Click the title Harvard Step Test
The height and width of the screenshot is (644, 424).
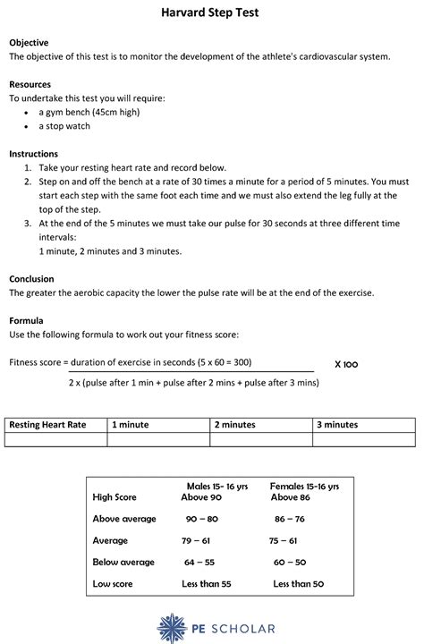pos(211,13)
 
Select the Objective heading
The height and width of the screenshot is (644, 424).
pos(29,42)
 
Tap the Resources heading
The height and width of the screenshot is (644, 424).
pos(30,84)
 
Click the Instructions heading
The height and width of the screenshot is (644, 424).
pos(33,154)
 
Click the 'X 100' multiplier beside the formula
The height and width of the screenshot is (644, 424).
pos(345,364)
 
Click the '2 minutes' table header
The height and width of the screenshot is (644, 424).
pos(234,425)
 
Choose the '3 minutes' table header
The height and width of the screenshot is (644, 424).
pos(336,425)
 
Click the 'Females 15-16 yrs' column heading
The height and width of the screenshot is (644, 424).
pos(304,486)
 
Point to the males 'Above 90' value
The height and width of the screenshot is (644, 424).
pos(201,496)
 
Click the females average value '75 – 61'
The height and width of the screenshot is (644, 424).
pos(285,540)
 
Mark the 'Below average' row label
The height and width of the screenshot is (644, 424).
pos(123,562)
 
